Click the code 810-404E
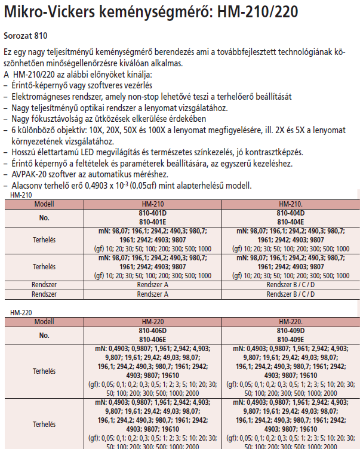pyautogui.click(x=291, y=220)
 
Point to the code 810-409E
pyautogui.click(x=291, y=339)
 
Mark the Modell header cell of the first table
pyautogui.click(x=44, y=204)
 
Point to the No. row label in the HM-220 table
pyautogui.click(x=44, y=334)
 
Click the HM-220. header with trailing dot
pyautogui.click(x=291, y=322)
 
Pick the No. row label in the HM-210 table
pyautogui.click(x=44, y=216)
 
